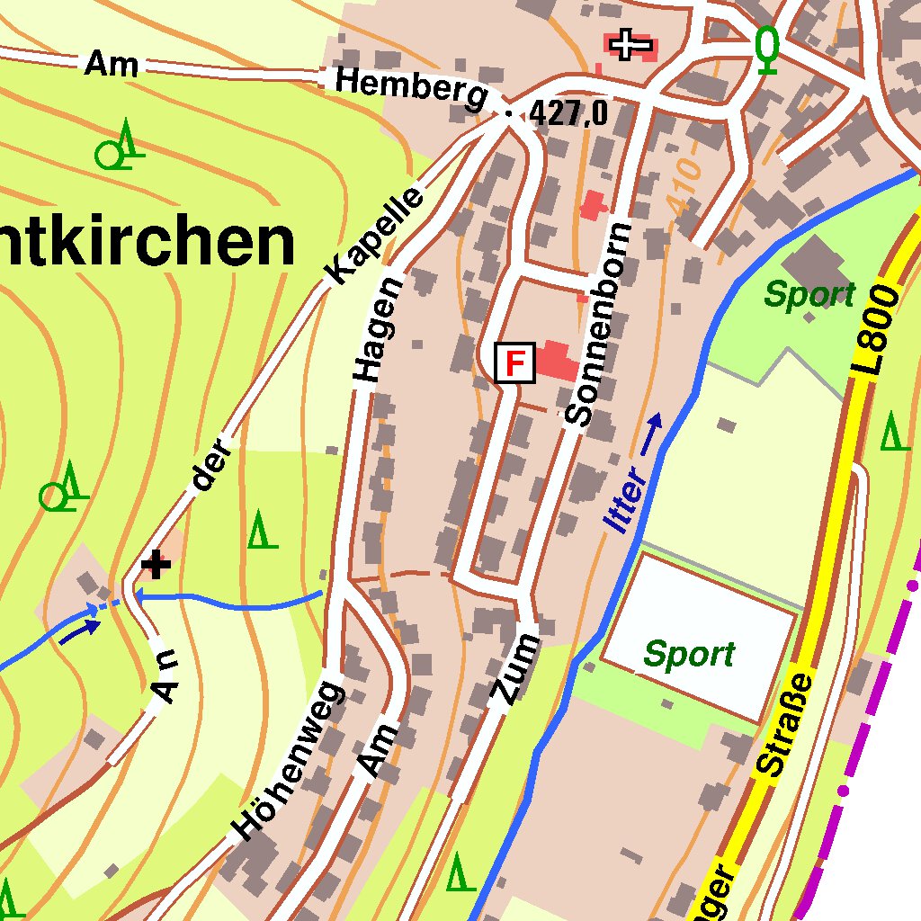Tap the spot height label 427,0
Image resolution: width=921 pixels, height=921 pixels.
pyautogui.click(x=568, y=113)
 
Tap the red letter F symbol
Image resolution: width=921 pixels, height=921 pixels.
pyautogui.click(x=515, y=363)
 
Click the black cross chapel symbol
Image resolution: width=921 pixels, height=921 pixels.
pyautogui.click(x=156, y=565)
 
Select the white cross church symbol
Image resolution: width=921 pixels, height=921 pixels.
pyautogui.click(x=631, y=44)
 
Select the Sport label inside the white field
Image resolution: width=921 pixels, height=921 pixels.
pyautogui.click(x=689, y=655)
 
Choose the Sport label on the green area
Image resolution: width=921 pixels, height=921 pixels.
pyautogui.click(x=809, y=294)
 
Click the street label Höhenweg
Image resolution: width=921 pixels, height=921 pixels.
pyautogui.click(x=287, y=761)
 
